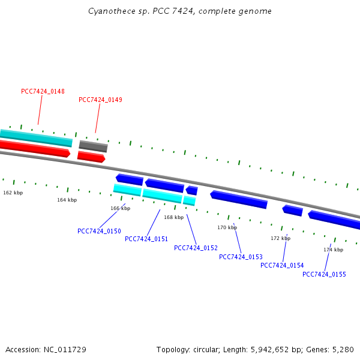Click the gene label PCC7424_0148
click(43, 91)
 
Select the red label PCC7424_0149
click(100, 100)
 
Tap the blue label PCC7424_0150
click(99, 231)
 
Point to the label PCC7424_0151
click(146, 239)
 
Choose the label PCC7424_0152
click(196, 248)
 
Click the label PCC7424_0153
click(241, 257)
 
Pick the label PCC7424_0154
click(282, 265)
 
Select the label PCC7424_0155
click(324, 274)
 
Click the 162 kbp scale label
click(13, 193)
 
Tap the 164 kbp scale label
click(67, 200)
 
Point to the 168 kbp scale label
click(174, 217)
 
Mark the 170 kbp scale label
click(227, 227)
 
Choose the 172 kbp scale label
click(280, 238)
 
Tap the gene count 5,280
click(343, 349)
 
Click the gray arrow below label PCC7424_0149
click(93, 146)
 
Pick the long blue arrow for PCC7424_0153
click(239, 199)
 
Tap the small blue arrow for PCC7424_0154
click(293, 210)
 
